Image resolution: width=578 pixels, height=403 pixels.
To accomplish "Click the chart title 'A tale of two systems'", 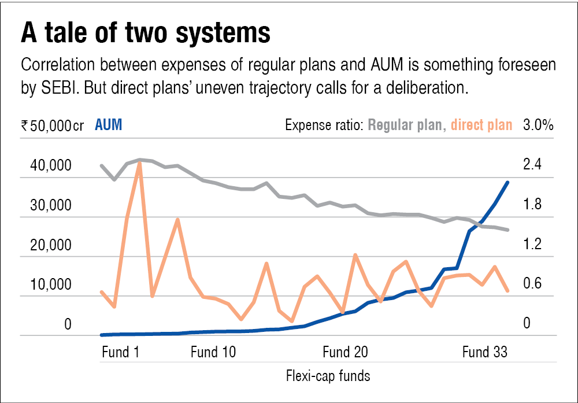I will (x=145, y=34).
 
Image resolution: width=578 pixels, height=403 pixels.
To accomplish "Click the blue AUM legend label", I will (x=108, y=125).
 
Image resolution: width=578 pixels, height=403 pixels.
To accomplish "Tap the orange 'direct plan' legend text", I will (x=481, y=125).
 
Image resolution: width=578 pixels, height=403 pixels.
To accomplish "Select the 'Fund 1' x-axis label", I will (x=120, y=352).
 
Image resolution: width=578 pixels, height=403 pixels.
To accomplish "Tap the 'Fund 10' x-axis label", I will (x=213, y=352).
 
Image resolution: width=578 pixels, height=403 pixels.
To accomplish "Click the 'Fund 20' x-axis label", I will (x=345, y=352).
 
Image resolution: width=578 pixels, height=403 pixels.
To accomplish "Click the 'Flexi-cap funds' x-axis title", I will (x=328, y=376).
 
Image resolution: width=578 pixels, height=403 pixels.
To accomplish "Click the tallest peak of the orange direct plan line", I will (x=139, y=163).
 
